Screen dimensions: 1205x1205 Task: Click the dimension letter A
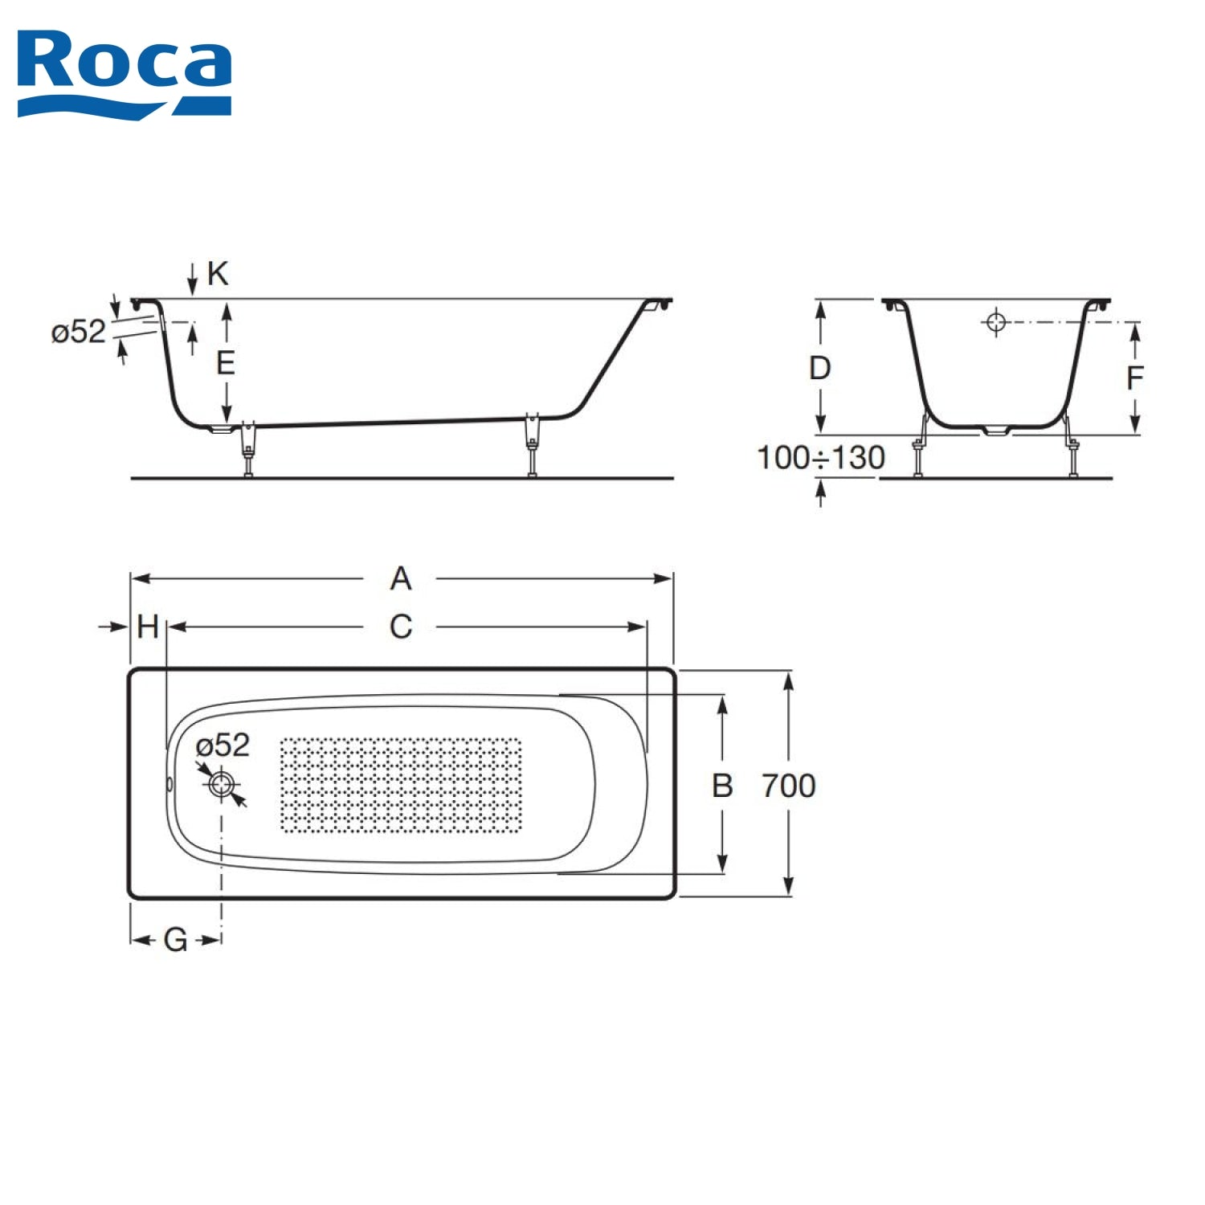click(x=401, y=578)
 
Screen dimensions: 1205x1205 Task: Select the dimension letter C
click(x=401, y=627)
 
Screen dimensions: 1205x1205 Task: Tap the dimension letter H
click(x=148, y=627)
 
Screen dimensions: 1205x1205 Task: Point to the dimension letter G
click(x=175, y=939)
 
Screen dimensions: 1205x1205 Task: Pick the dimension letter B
click(x=722, y=785)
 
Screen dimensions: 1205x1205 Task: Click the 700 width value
click(x=789, y=785)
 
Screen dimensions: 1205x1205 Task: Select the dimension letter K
click(x=218, y=274)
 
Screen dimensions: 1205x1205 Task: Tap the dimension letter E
click(x=226, y=363)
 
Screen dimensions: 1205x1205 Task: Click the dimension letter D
click(x=819, y=368)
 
